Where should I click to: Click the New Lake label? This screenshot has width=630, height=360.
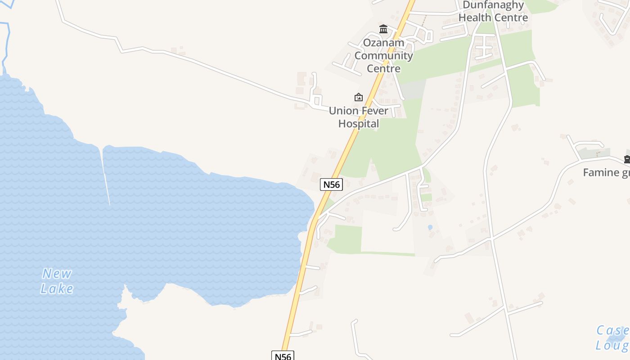[57, 281]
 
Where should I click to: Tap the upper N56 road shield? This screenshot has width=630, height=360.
[331, 184]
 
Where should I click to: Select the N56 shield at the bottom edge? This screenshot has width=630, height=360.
[283, 356]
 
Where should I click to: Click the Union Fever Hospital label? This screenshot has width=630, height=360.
[359, 117]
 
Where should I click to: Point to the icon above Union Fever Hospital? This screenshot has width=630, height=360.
[359, 97]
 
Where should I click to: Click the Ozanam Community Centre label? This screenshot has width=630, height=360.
[383, 56]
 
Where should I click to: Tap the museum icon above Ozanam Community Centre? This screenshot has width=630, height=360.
[383, 29]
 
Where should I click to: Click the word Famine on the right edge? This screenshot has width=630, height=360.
[601, 172]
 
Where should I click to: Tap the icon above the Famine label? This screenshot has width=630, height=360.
[627, 159]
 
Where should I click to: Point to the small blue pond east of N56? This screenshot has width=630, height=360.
[430, 227]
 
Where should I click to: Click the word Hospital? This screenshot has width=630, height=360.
[359, 124]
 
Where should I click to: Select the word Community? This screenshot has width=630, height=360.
[383, 56]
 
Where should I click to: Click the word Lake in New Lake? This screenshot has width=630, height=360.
[57, 288]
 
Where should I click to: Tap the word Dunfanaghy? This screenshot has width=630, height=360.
[493, 5]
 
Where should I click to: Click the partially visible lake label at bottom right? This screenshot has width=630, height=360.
[612, 337]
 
